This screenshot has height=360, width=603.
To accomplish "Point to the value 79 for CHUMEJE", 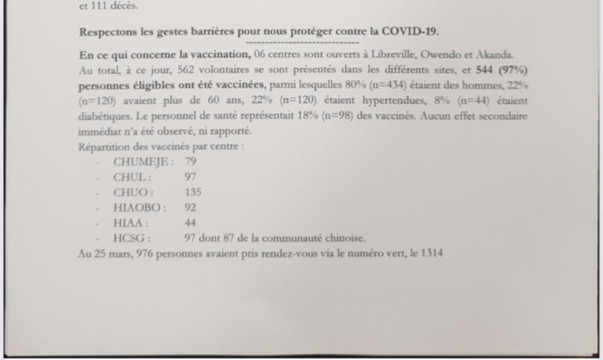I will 190,161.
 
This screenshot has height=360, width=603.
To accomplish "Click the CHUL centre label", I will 131,177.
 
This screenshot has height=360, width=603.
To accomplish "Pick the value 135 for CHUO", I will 193,192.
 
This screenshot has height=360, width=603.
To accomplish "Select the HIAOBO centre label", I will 138,207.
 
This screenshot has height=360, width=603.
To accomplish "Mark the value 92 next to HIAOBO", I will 190,207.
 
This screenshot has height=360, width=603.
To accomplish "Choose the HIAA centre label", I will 130,223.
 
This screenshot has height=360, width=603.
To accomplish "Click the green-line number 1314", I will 432,254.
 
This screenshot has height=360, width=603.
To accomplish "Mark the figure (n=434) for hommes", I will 388,85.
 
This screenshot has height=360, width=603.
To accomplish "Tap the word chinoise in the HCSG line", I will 347,239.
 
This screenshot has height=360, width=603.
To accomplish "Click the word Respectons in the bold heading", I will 104,32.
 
